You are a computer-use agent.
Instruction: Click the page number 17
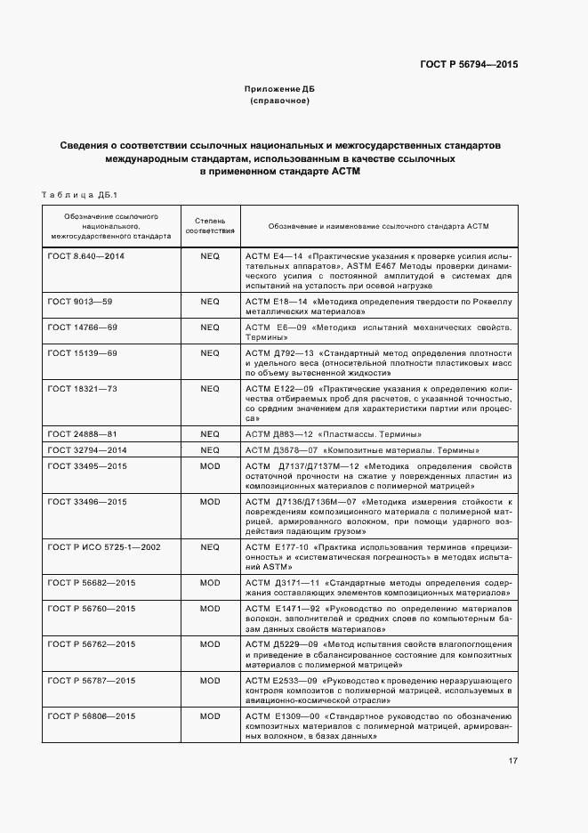click(x=513, y=761)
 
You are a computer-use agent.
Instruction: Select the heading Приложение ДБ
click(x=280, y=90)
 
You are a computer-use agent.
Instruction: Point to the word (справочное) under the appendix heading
click(x=280, y=101)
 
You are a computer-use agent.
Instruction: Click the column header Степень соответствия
click(x=210, y=225)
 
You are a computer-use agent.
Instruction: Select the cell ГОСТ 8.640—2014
click(x=86, y=255)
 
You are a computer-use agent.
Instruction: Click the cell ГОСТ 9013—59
click(x=80, y=302)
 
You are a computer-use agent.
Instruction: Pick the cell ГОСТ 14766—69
click(x=83, y=328)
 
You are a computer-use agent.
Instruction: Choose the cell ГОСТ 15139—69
click(x=83, y=353)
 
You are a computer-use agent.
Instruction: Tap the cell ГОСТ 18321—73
click(x=83, y=389)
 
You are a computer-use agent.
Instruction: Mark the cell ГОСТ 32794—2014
click(x=87, y=449)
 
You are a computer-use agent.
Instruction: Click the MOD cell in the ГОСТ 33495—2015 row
click(x=210, y=465)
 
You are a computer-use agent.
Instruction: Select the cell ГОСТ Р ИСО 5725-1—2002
click(x=104, y=546)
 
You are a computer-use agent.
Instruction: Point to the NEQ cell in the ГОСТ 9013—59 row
click(x=210, y=302)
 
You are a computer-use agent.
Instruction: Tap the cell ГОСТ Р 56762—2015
click(x=92, y=643)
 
